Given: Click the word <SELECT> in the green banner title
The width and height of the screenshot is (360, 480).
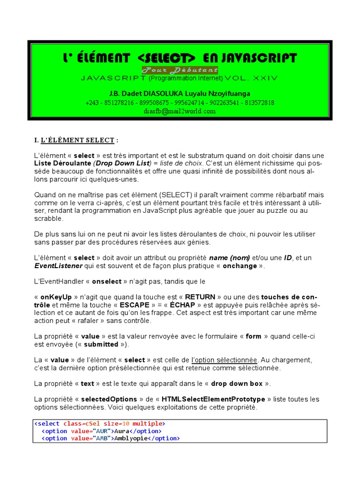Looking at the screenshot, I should [167, 58].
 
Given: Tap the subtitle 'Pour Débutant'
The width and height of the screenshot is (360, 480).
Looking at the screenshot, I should [180, 70].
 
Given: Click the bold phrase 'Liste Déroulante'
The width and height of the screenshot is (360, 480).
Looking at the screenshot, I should [63, 163].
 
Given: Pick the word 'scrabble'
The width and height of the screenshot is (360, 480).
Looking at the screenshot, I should [48, 218].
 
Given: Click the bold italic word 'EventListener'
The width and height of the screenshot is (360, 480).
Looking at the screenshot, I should [58, 266].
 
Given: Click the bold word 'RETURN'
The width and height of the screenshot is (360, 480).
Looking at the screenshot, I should [200, 297].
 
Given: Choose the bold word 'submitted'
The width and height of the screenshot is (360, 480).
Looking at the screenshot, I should [101, 344].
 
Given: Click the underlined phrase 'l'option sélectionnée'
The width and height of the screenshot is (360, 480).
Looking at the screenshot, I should [225, 360].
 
